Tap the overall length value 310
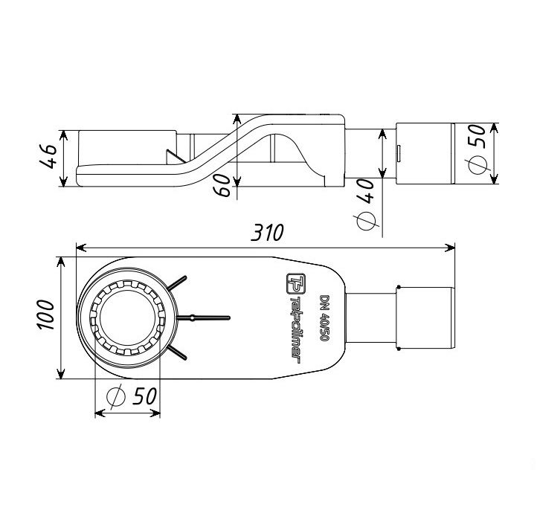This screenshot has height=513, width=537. [266, 233]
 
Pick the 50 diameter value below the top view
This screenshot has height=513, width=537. [144, 396]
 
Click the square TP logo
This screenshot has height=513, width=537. [292, 283]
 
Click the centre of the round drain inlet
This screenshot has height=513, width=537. [127, 318]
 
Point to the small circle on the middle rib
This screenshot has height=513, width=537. [193, 318]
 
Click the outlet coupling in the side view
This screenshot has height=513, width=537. [426, 153]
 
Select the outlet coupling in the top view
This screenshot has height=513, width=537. [426, 318]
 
